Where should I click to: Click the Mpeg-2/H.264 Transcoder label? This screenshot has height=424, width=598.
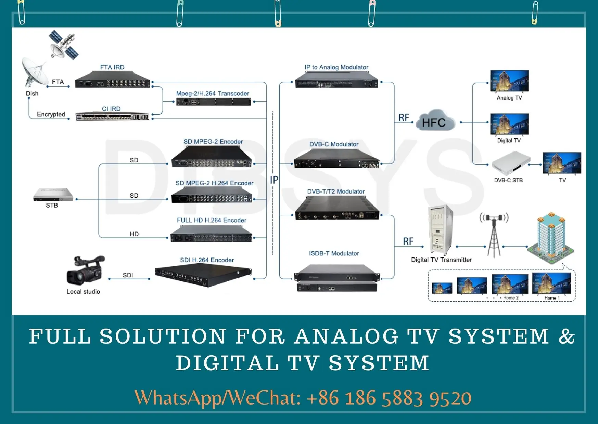click(212, 93)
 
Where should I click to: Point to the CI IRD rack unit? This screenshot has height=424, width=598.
click(112, 116)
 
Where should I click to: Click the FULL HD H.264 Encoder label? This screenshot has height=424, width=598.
click(212, 220)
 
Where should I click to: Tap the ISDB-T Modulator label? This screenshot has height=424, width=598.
click(334, 253)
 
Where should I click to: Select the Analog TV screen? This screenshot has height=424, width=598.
click(509, 81)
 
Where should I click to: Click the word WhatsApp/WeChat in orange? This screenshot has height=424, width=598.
click(217, 398)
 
